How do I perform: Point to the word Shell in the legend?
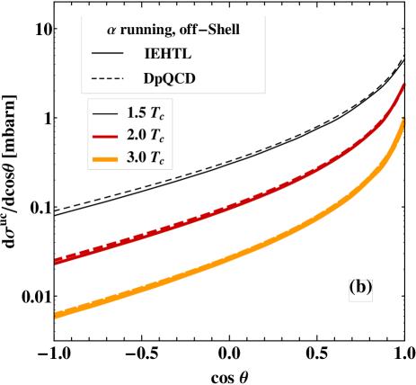(x=225, y=29)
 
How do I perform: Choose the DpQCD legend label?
(x=170, y=78)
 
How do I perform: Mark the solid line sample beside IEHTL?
(x=107, y=54)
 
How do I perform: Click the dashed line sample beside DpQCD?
(x=107, y=78)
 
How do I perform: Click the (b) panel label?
(x=360, y=288)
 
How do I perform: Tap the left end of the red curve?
(x=56, y=262)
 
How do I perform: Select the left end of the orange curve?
(x=56, y=315)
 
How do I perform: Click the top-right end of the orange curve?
(x=403, y=120)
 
